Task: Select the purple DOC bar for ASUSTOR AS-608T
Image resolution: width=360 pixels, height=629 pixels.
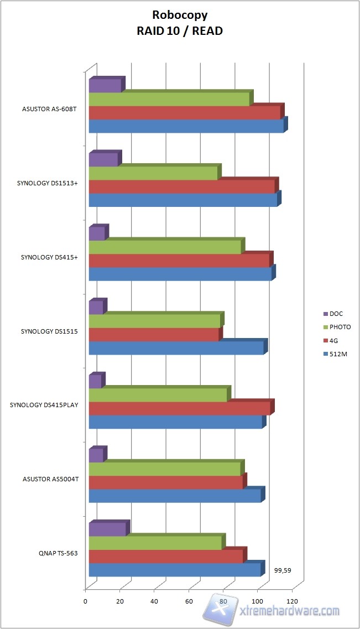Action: tap(105, 86)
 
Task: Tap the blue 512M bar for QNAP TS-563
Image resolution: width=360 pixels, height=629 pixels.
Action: tap(174, 570)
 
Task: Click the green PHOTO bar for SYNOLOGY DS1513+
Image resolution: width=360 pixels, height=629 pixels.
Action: tap(153, 173)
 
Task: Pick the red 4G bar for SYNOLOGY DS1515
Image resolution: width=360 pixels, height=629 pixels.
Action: tap(154, 335)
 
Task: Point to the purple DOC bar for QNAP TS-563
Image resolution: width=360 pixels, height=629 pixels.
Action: tap(107, 529)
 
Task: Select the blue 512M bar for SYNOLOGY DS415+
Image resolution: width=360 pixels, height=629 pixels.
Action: tap(180, 274)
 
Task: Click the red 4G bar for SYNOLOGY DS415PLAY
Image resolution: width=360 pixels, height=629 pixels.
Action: tap(179, 408)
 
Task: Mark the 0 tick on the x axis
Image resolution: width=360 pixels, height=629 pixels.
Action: tap(86, 601)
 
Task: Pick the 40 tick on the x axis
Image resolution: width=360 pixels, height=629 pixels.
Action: tap(154, 601)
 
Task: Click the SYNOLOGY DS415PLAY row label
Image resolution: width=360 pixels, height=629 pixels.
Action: tap(44, 405)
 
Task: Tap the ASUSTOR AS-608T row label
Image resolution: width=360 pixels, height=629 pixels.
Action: tap(49, 109)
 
